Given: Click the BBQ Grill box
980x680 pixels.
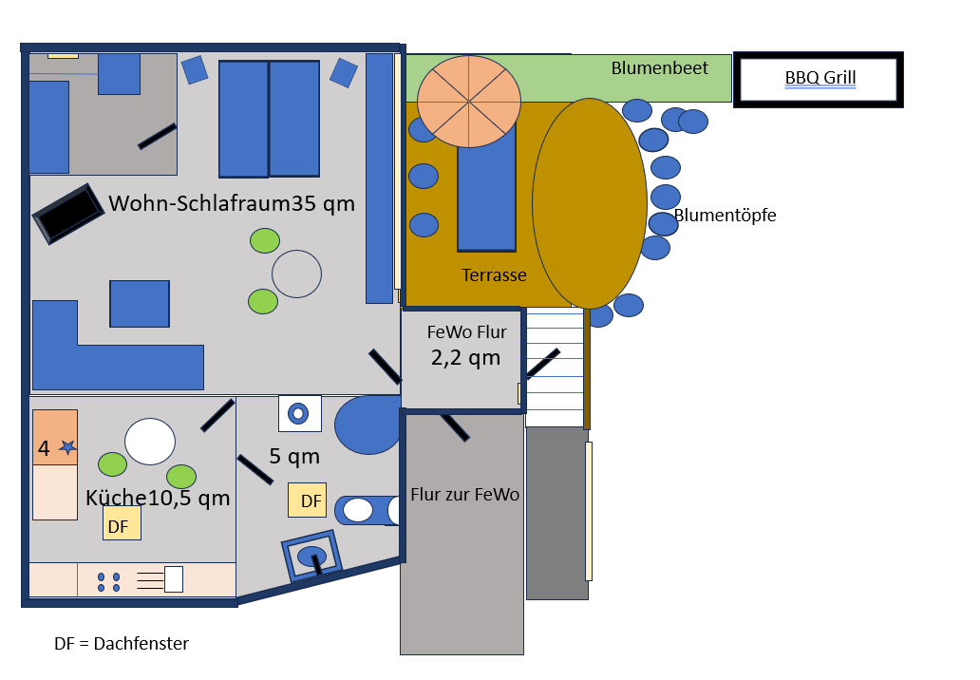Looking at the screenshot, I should pos(820,79).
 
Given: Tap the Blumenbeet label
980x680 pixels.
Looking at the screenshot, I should pos(659,68).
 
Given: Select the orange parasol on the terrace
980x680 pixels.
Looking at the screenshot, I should pos(469,102).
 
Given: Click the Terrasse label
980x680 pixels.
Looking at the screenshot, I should pos(494,275).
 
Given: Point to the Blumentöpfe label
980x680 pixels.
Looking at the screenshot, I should pos(726,216).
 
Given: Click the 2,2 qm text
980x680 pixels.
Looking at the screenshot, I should pos(465,358).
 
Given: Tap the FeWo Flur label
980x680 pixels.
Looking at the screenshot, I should pos(466,332).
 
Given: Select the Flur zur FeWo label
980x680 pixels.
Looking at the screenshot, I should pos(464,495).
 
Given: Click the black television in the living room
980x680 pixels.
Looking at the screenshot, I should pos(68,214).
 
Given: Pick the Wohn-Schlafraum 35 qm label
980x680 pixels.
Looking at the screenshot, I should pos(232,203).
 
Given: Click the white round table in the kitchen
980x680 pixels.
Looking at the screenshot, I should pos(150,442).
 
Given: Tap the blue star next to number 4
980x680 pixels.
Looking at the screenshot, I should pos(67,447).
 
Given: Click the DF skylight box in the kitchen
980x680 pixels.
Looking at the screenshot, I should pos(122,523).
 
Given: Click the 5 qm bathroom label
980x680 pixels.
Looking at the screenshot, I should pos(294,457).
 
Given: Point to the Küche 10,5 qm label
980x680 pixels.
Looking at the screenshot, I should pos(158,499).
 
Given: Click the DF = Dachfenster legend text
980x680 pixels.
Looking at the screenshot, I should pos(122,644).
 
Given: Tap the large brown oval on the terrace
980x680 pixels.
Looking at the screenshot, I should pos(590,203).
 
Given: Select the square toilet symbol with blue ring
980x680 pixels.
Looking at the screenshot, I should pos(299,413).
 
